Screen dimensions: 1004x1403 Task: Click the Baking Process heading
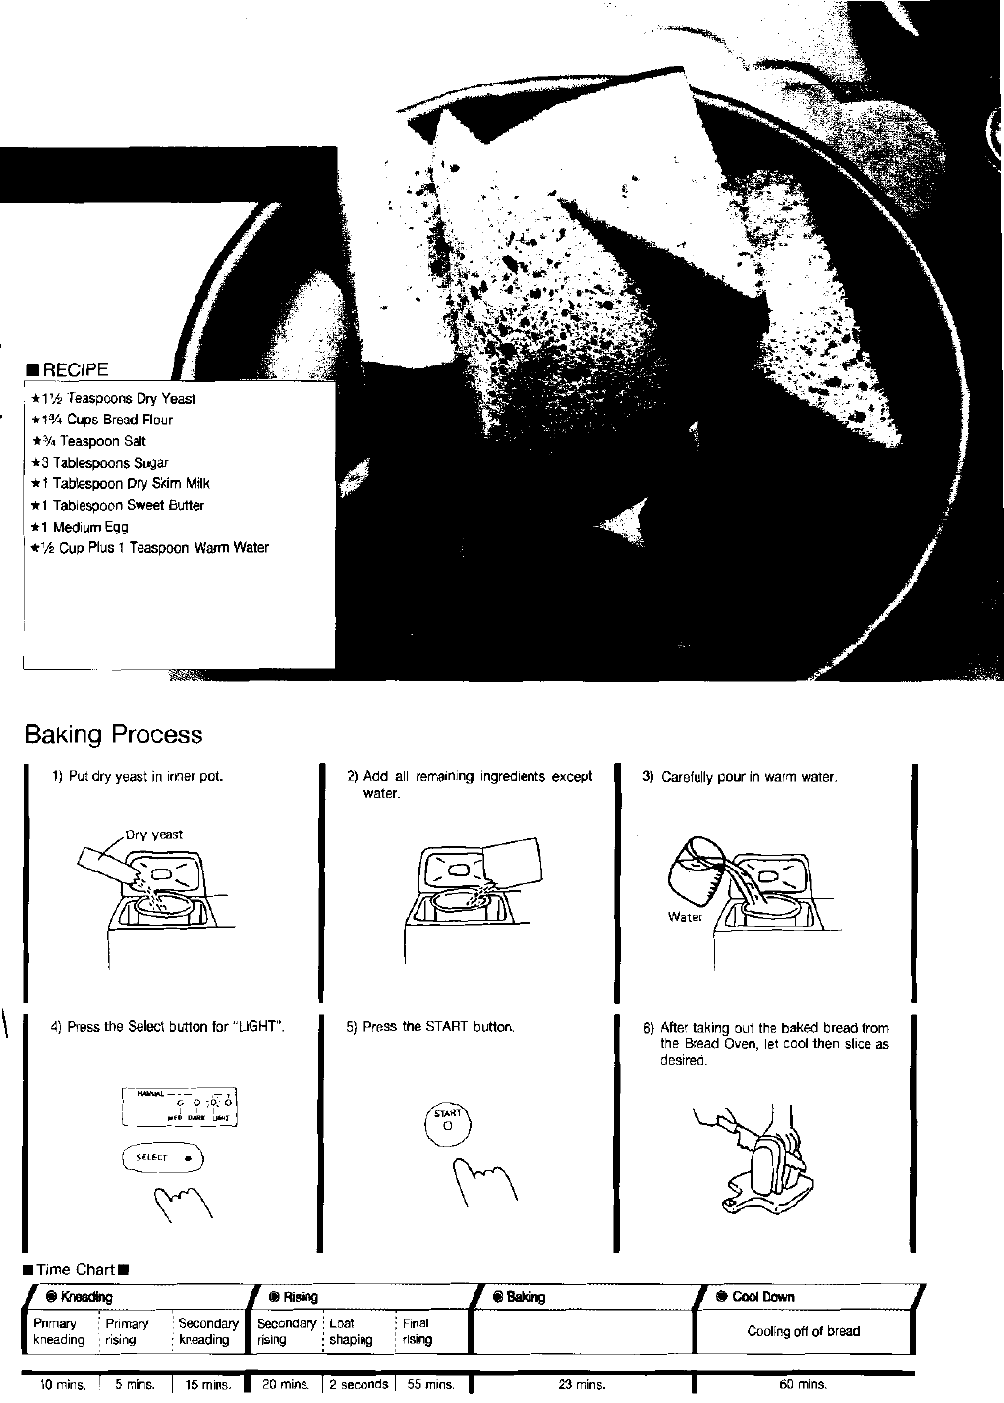coord(113,734)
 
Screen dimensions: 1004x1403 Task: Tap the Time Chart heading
coord(76,1270)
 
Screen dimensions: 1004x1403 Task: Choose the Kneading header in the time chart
coord(85,1297)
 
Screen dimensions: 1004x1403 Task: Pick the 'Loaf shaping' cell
coord(351,1331)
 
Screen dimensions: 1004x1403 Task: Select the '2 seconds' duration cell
coord(360,1385)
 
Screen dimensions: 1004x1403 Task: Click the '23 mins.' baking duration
coord(582,1385)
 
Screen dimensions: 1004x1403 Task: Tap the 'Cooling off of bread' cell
coord(803,1331)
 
